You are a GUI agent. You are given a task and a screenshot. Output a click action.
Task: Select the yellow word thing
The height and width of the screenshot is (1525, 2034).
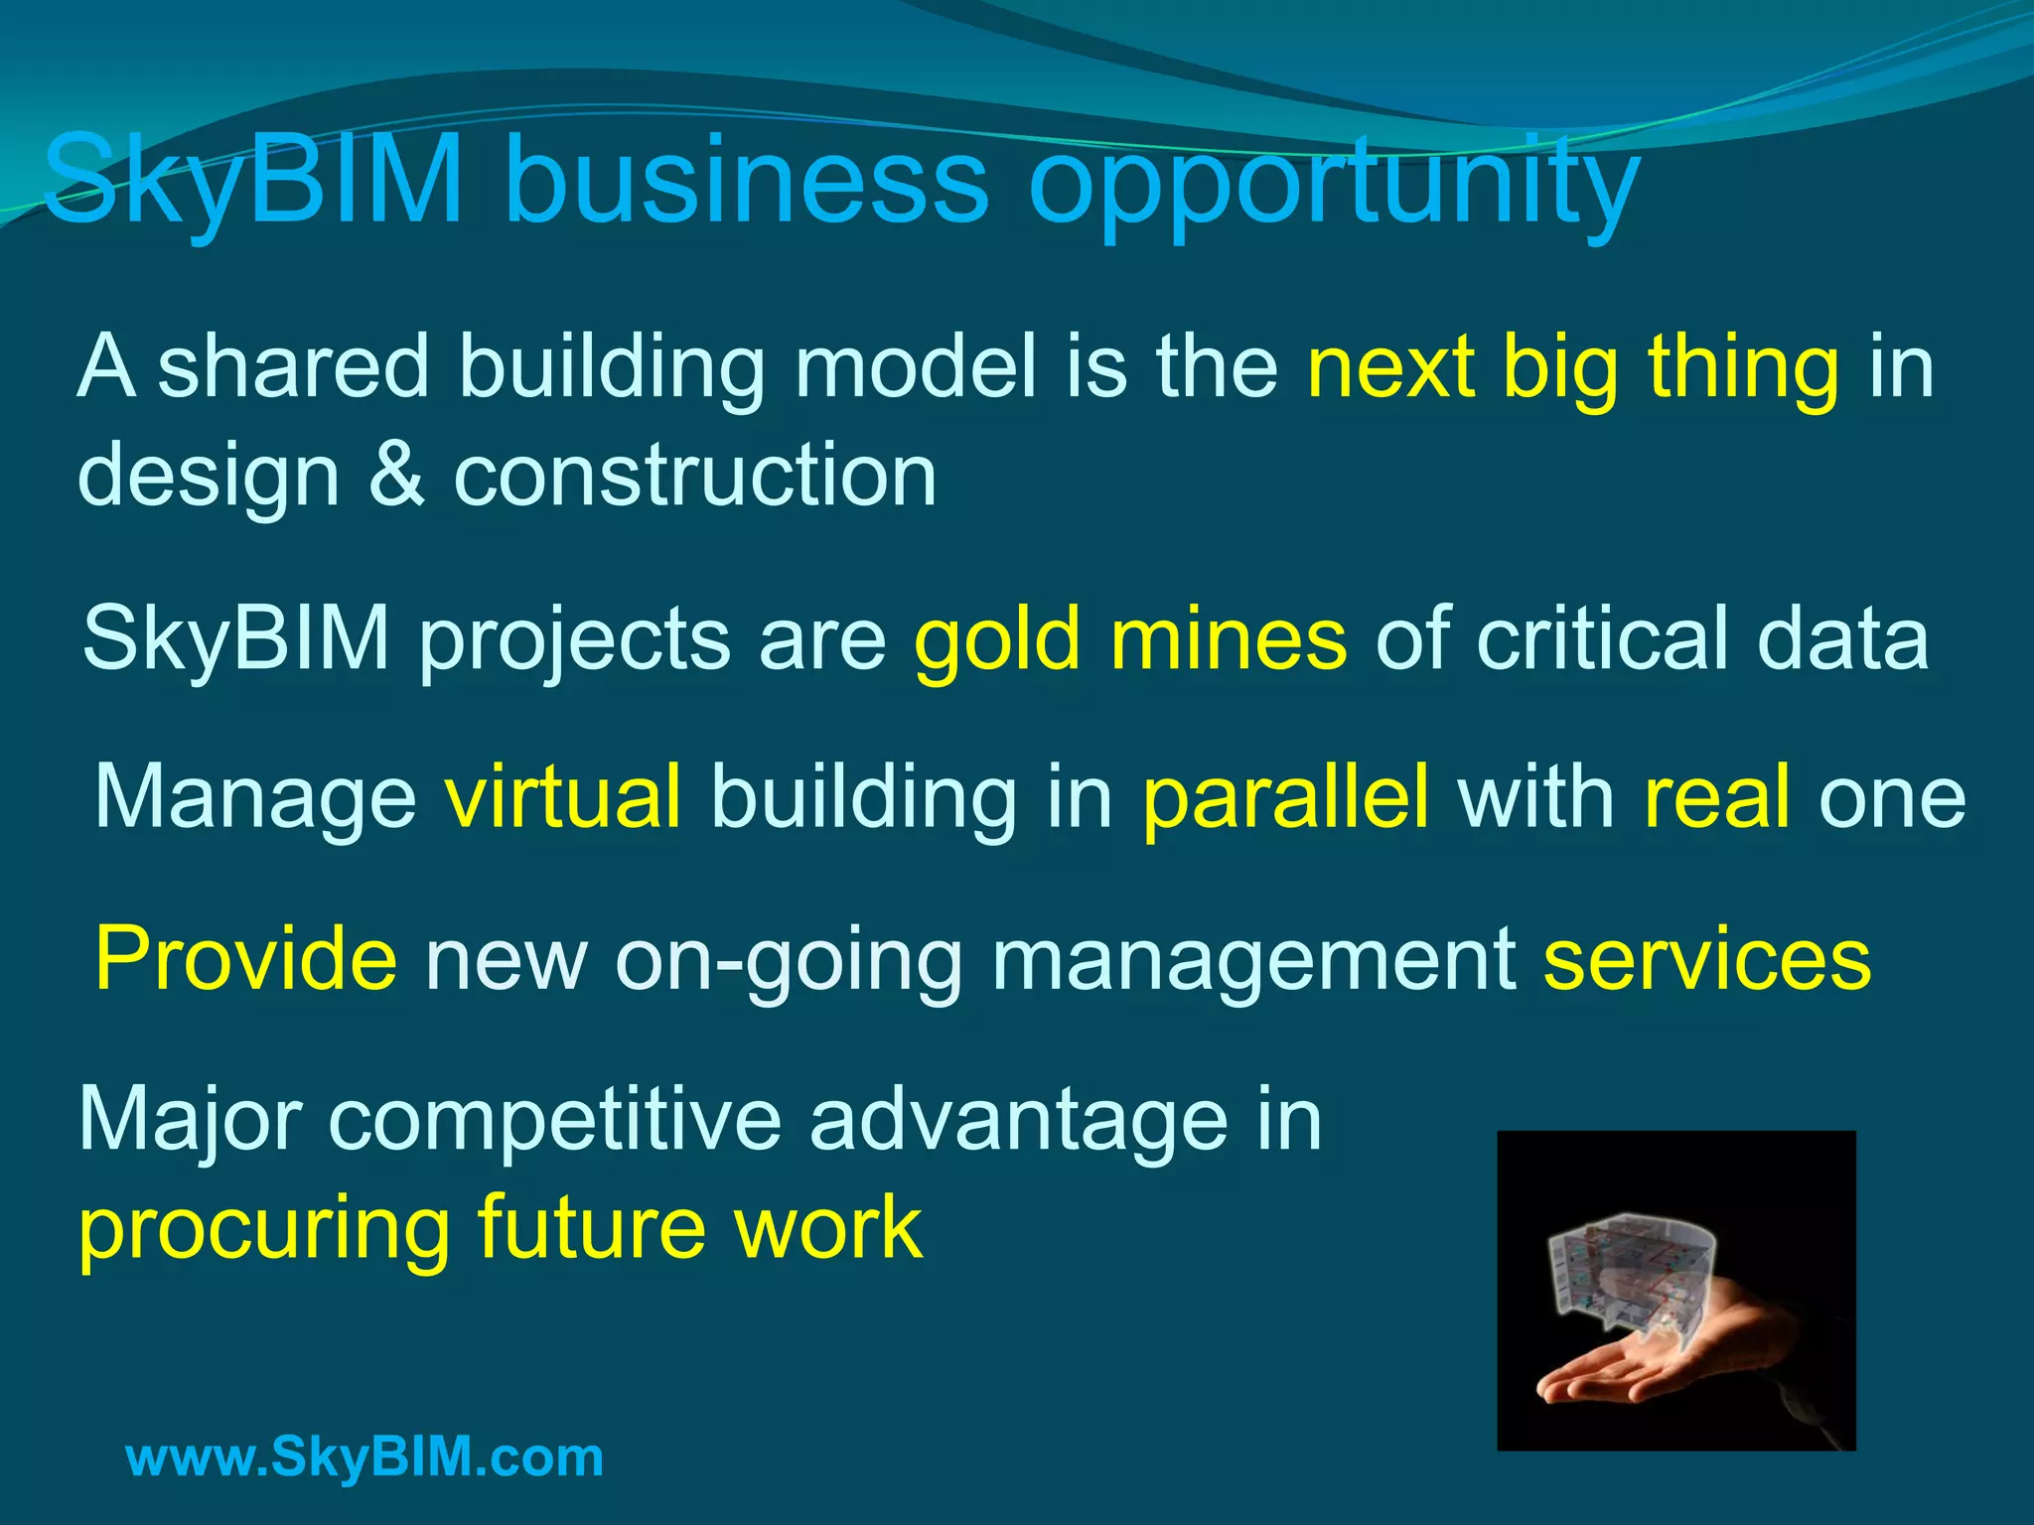pyautogui.click(x=1743, y=367)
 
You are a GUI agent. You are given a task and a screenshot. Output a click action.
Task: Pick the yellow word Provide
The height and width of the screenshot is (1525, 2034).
pyautogui.click(x=245, y=958)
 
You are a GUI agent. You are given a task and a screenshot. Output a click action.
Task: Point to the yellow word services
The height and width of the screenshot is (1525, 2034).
pyautogui.click(x=1707, y=958)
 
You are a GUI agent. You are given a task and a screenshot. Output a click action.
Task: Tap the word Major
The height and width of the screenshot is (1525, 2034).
pyautogui.click(x=190, y=1122)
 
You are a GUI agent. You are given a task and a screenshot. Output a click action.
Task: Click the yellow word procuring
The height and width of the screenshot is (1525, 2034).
pyautogui.click(x=264, y=1231)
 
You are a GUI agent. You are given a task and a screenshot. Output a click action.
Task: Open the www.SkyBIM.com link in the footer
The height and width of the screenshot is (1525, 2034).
pyautogui.click(x=364, y=1457)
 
